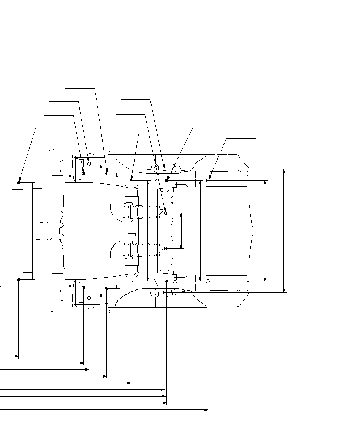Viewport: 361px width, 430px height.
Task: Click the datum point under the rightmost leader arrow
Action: click(x=208, y=180)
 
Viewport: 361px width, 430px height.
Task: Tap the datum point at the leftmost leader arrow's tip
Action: click(x=18, y=182)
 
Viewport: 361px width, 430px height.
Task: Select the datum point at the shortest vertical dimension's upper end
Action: click(x=166, y=213)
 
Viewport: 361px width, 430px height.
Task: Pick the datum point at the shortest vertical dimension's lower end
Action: click(x=166, y=248)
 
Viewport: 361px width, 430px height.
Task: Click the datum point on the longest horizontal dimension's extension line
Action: click(x=208, y=281)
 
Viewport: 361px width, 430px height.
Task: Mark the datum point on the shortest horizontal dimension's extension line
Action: click(x=18, y=279)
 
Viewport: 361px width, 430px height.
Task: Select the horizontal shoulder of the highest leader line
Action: click(x=80, y=88)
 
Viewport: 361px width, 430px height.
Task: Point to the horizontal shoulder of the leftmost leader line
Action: click(x=50, y=128)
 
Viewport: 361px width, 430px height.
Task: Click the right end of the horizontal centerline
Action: click(x=306, y=231)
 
